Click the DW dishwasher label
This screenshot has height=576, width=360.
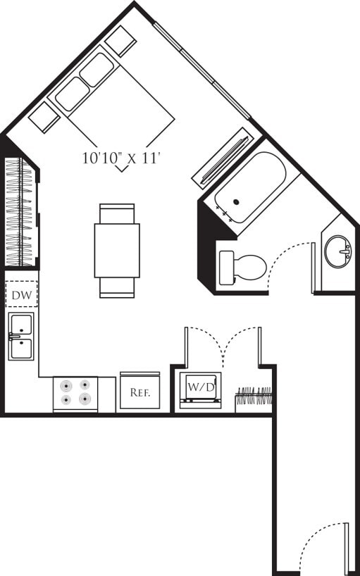[x=22, y=295]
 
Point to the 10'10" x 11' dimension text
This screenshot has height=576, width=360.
[x=122, y=159]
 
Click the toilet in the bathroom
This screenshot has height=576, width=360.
[x=242, y=267]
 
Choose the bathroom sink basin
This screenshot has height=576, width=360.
[x=338, y=251]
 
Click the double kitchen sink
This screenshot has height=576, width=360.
[x=21, y=336]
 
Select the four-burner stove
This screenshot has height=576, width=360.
[x=76, y=394]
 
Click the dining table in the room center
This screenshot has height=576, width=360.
[x=117, y=250]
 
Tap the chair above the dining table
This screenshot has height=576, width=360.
[x=117, y=213]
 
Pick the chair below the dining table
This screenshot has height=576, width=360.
[x=117, y=287]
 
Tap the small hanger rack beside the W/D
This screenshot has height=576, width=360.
[x=254, y=398]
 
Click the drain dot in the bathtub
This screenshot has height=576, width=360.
[x=236, y=202]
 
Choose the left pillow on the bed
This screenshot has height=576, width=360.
[x=72, y=94]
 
